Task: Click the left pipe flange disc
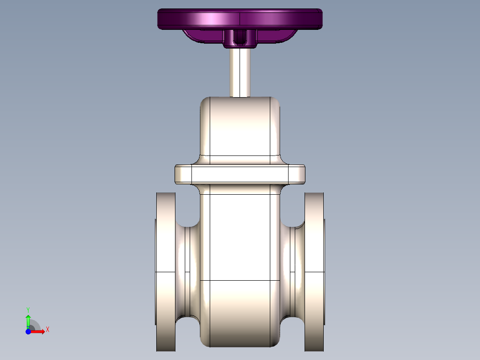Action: point(165,272)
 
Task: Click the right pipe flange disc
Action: point(314,272)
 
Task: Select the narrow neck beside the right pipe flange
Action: point(292,272)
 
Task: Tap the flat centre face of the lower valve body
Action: point(240,236)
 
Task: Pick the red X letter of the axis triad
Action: point(48,330)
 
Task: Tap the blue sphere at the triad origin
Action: point(28,331)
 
